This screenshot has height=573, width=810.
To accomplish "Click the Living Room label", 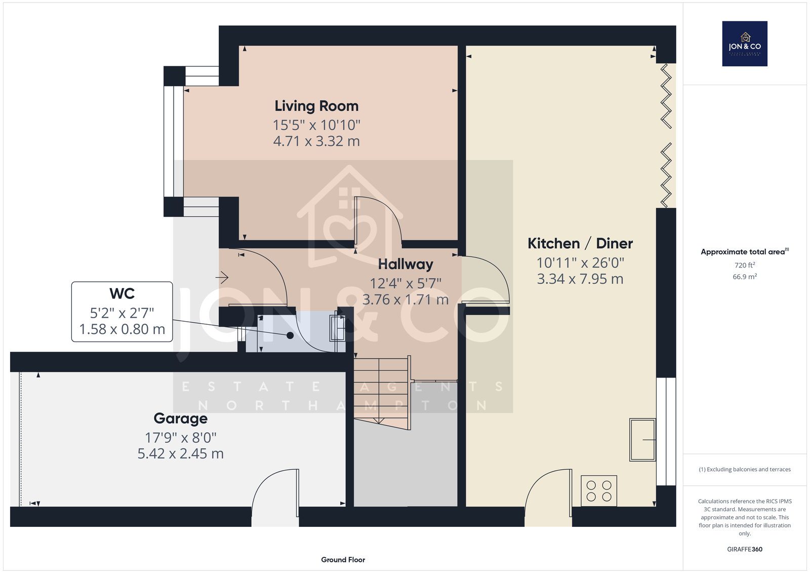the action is click(316, 106).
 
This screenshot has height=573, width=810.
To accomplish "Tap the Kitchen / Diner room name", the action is click(580, 243).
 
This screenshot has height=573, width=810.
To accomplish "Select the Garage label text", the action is click(180, 418).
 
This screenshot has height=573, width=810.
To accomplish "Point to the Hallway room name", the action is click(406, 264).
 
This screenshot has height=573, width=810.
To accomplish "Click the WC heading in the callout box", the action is click(122, 293).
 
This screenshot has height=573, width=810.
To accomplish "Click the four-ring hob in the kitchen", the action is click(599, 490).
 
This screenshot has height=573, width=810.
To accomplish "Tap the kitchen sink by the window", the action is click(642, 440).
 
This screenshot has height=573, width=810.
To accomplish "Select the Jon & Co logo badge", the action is click(745, 44).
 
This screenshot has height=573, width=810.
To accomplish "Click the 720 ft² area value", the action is click(745, 265).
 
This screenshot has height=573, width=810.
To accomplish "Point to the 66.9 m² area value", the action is click(745, 277).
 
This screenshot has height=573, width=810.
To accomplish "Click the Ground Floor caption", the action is click(343, 560).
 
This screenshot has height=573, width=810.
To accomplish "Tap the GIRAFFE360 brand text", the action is click(745, 549).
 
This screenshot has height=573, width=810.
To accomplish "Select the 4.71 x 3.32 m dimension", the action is click(316, 141).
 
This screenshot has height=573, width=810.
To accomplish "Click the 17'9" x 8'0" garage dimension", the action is click(180, 438).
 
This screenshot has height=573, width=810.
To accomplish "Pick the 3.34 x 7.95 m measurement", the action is click(580, 279).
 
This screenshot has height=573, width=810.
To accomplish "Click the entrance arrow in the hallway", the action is click(222, 278).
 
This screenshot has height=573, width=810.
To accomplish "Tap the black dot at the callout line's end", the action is click(290, 335).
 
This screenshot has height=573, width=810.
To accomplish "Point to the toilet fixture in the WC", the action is click(337, 328).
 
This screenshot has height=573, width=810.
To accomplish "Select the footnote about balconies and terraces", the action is click(745, 470).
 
